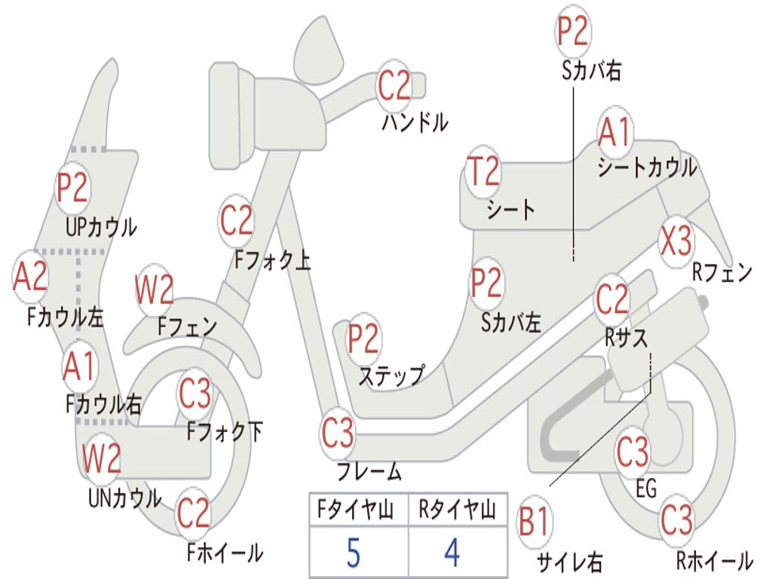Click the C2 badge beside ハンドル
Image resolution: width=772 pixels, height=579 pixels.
point(394,84)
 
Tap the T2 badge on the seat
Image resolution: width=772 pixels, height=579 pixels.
point(482,172)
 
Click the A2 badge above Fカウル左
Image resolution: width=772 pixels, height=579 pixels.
point(31,276)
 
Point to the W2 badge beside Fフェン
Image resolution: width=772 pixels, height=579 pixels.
point(155,289)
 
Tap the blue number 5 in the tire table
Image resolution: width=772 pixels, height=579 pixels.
point(354,553)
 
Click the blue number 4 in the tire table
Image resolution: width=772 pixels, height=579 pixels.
point(452,553)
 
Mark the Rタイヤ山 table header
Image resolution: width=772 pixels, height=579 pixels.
point(457,511)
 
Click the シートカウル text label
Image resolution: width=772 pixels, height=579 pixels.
point(647,168)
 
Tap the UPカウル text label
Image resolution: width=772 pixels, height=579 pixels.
point(101,226)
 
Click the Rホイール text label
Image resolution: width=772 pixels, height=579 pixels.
point(713,560)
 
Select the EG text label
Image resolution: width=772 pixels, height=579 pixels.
point(646,489)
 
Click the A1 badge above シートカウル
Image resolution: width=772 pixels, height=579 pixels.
point(615,133)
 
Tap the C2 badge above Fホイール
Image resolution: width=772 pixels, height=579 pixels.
point(193,513)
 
